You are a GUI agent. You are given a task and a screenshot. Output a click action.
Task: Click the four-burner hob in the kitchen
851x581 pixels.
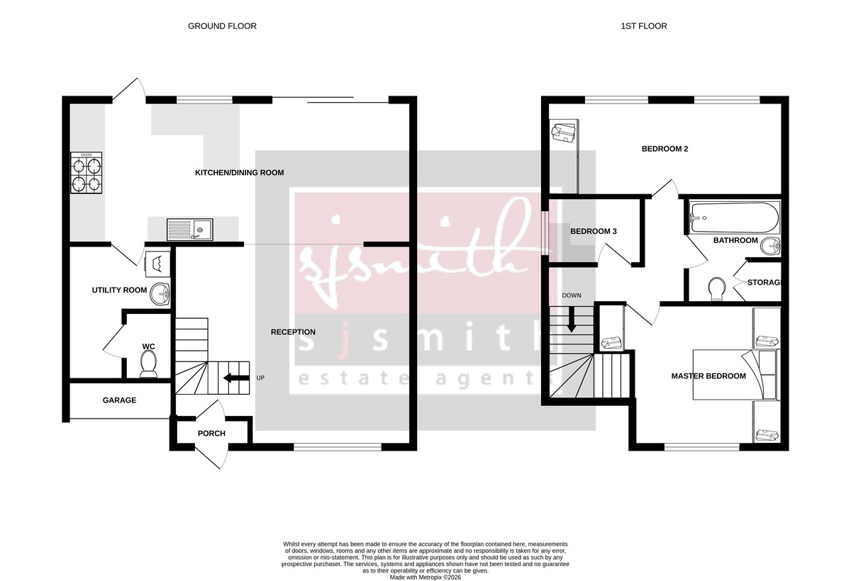click(87, 174)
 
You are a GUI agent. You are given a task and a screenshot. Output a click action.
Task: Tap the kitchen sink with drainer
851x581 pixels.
click(189, 230)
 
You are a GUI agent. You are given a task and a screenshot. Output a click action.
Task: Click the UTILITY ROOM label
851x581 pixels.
click(119, 290)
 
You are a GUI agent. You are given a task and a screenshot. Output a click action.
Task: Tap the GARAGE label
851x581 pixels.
click(119, 400)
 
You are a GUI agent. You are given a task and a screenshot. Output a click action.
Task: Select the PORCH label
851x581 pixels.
click(211, 434)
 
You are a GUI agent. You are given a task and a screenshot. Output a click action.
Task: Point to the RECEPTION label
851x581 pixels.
click(293, 332)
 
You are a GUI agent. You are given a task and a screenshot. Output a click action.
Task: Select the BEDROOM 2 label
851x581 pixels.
click(664, 150)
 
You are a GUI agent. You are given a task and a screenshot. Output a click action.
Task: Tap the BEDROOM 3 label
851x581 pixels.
click(594, 232)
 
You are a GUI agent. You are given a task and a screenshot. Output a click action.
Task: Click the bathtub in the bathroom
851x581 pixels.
click(734, 216)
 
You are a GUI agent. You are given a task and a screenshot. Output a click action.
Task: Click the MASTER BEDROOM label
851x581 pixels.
click(708, 376)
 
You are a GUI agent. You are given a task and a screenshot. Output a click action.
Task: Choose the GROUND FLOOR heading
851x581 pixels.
click(222, 26)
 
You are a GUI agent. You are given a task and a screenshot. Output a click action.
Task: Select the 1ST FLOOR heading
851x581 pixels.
click(643, 26)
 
